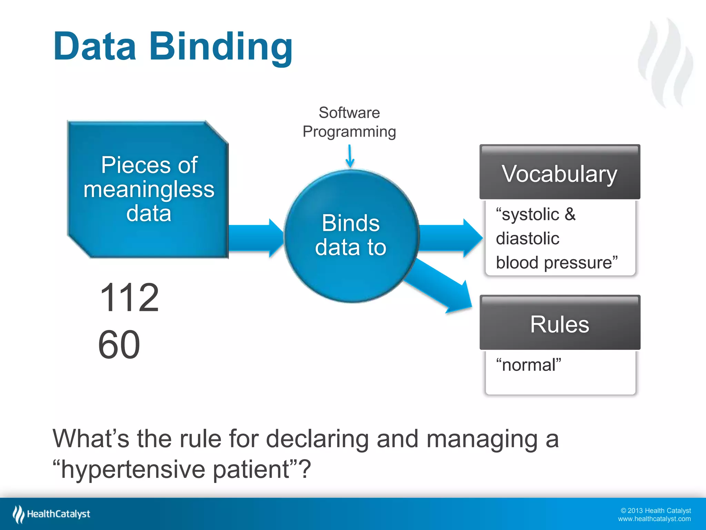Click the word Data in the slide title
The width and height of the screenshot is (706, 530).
(95, 47)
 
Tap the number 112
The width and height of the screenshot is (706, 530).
(129, 297)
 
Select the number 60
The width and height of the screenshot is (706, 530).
(119, 345)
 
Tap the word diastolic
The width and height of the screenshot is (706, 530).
(527, 238)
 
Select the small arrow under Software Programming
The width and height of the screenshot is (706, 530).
(350, 156)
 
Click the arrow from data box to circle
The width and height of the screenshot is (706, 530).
(255, 238)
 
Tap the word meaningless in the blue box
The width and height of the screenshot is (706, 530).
(149, 189)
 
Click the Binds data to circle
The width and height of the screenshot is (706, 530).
(351, 236)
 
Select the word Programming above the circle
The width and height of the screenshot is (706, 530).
(349, 132)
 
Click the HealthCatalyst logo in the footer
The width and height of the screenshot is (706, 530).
(52, 514)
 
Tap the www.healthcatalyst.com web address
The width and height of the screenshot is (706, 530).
(654, 519)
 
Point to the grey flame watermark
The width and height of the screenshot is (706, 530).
(665, 64)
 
